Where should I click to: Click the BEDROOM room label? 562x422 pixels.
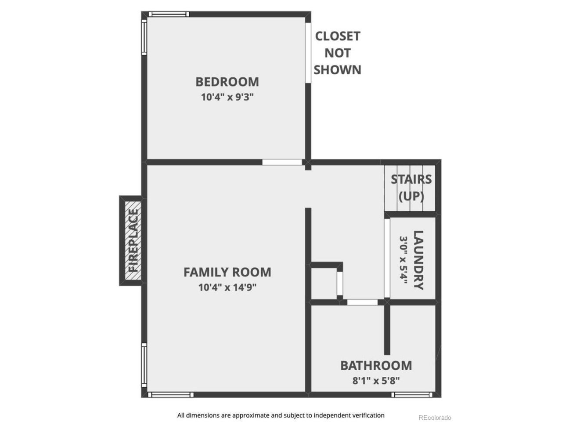click(x=227, y=82)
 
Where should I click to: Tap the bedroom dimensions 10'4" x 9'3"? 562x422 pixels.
click(x=227, y=97)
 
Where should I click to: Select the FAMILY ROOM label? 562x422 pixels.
click(x=227, y=272)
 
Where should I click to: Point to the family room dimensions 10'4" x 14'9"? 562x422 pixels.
click(x=227, y=287)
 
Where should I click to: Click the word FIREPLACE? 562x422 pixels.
click(x=133, y=240)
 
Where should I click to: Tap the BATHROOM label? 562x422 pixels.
click(x=376, y=365)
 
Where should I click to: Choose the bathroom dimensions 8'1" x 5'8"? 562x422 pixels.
click(x=376, y=381)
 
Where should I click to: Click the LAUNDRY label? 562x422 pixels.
click(x=418, y=260)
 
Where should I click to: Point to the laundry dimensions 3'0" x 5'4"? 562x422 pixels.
click(x=403, y=260)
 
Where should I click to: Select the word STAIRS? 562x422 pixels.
click(x=411, y=179)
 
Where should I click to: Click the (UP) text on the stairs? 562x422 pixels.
click(x=411, y=196)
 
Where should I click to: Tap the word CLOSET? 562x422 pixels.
click(x=338, y=36)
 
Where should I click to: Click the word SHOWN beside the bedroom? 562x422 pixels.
click(x=338, y=70)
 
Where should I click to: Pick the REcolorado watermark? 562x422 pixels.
click(x=435, y=418)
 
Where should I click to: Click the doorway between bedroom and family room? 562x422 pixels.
click(x=282, y=162)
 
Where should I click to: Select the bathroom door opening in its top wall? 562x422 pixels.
click(x=362, y=302)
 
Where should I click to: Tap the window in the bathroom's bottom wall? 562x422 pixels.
click(x=412, y=395)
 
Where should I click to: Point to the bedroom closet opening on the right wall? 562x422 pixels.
click(x=308, y=53)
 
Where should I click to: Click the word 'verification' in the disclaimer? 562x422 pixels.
click(x=368, y=415)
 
